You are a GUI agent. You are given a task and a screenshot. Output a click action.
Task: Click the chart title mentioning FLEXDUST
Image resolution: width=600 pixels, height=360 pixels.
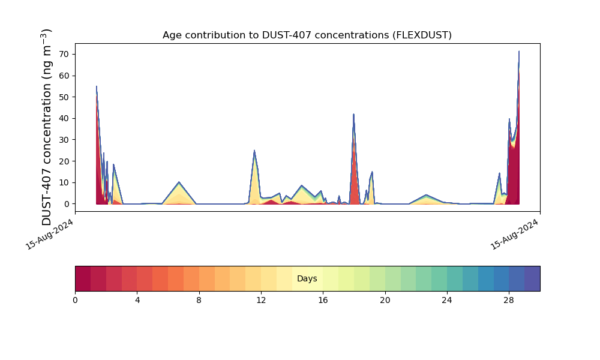pos(307,35)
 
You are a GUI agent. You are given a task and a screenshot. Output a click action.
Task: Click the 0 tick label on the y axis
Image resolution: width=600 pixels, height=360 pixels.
pos(67,204)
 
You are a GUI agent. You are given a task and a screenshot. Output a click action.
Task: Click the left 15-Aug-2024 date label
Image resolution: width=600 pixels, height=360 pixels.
pos(50,234)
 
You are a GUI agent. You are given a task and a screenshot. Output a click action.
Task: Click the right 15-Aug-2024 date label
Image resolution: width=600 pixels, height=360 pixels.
pos(515,234)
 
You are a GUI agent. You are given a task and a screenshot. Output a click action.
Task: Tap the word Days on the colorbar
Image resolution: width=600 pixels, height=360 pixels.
pos(307,279)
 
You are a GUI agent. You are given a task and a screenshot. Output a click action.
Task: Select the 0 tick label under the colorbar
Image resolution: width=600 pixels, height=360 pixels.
pos(75,300)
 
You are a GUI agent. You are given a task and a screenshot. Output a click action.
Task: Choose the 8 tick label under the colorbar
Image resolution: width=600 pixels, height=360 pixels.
pos(199,300)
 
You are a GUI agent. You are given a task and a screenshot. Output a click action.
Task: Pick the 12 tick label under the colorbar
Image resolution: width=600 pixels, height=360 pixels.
pos(261,300)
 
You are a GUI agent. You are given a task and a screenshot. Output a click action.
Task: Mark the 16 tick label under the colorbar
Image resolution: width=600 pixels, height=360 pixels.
pos(323,300)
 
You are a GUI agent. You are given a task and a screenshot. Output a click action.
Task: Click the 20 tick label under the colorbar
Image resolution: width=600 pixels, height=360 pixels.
pos(385,300)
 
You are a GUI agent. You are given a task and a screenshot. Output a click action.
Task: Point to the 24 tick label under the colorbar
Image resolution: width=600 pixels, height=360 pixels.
pos(447,300)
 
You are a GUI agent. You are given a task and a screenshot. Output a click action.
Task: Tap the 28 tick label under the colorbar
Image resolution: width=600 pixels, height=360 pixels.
pos(509,300)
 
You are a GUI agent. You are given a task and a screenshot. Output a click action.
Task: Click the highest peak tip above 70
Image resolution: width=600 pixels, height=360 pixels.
pos(519,52)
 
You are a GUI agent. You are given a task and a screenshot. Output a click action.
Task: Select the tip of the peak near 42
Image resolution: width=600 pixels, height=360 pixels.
pos(354,114)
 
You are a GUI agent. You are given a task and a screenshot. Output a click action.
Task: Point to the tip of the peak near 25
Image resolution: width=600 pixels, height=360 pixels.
pos(254,151)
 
